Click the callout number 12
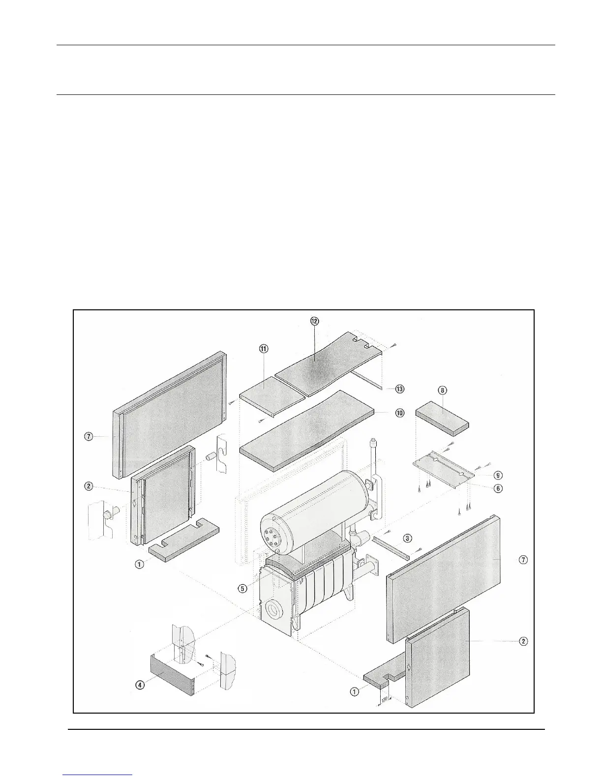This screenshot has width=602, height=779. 314,321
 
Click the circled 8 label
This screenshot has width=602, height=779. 443,390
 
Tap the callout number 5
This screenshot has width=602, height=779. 242,588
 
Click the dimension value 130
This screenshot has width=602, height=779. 385,699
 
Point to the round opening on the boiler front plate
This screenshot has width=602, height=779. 272,611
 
